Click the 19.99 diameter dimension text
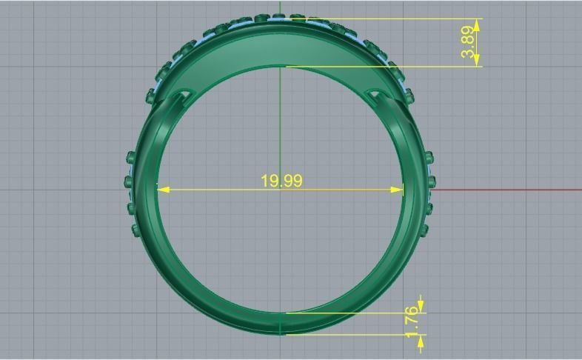[281, 181]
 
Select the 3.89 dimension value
[467, 43]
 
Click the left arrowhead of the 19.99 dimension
[164, 190]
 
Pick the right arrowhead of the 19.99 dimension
[398, 190]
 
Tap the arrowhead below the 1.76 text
[421, 341]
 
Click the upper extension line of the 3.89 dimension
[392, 19]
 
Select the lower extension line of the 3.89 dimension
[385, 67]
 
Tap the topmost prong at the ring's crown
[279, 15]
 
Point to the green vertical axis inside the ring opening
[280, 126]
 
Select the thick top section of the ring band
[281, 44]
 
